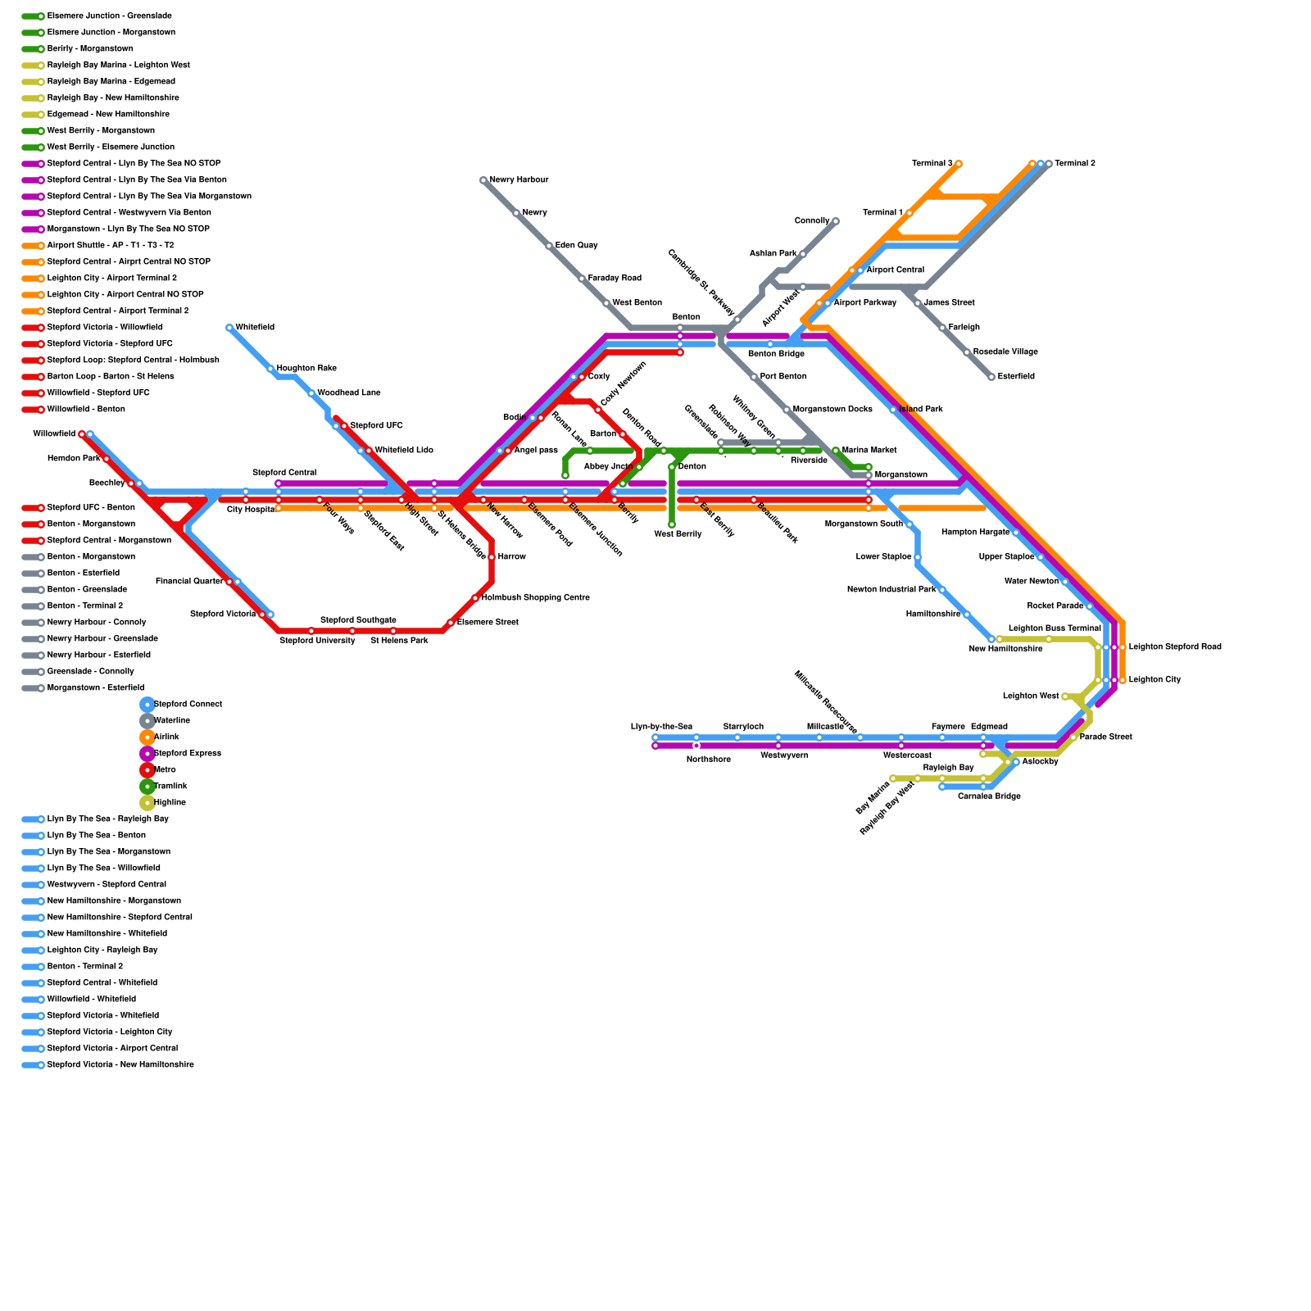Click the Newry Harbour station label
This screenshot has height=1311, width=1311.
[519, 180]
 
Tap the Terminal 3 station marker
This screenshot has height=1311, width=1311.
[959, 164]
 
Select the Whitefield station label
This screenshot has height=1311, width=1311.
[255, 328]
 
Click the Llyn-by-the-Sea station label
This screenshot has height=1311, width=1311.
[661, 727]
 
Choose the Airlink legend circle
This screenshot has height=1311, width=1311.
[147, 737]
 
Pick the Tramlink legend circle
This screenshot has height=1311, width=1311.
[147, 787]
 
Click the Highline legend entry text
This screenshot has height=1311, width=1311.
[170, 803]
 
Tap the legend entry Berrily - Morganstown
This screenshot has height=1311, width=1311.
[89, 49]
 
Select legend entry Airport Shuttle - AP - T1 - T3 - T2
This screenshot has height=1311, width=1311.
[110, 246]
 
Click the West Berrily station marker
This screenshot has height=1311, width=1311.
[672, 524]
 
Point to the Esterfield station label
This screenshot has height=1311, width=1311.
[1016, 377]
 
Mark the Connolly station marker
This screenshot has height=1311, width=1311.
[836, 221]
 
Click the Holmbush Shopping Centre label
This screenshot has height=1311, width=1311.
[535, 598]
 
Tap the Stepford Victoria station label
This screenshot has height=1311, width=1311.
[222, 615]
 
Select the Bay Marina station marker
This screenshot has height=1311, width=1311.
[893, 778]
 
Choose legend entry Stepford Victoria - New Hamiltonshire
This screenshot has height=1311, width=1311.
[120, 1065]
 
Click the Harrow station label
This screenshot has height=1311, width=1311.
[511, 557]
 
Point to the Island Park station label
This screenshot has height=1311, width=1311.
[921, 410]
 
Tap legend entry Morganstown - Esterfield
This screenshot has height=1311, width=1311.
[95, 688]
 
